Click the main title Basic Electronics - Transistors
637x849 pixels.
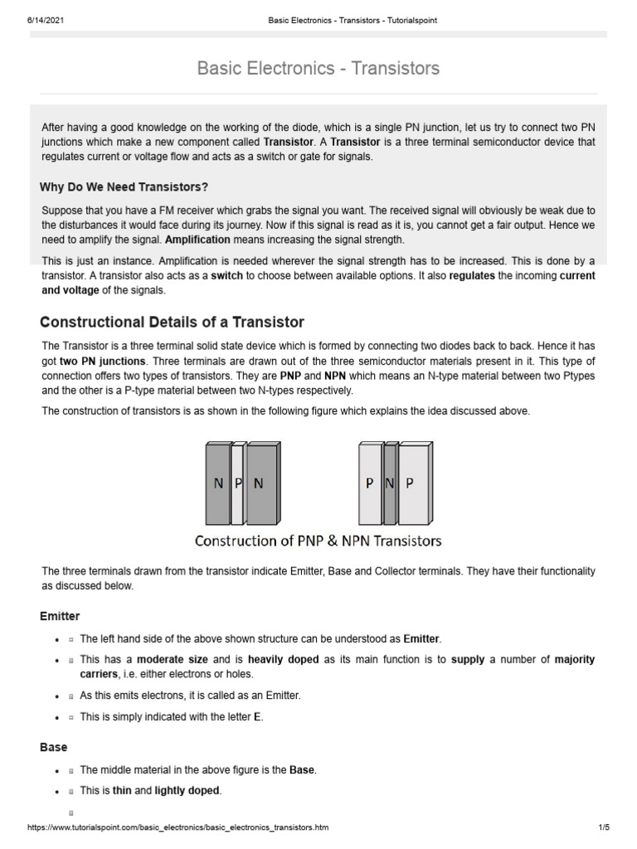(x=318, y=68)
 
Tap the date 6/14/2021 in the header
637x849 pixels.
(x=34, y=20)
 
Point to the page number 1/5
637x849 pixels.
(x=603, y=827)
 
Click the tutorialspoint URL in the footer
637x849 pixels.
(x=178, y=827)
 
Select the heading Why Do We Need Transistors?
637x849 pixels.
(x=124, y=187)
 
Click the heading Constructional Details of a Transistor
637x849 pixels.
(x=173, y=322)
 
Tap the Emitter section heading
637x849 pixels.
(x=60, y=616)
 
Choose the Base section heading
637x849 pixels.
(x=53, y=747)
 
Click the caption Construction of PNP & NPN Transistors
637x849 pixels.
(x=318, y=541)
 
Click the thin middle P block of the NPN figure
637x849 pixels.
(x=238, y=484)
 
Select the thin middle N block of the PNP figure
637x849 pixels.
(x=390, y=484)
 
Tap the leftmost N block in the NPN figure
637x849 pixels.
(x=217, y=484)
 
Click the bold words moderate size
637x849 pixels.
(x=172, y=660)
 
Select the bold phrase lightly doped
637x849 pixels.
(x=187, y=791)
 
